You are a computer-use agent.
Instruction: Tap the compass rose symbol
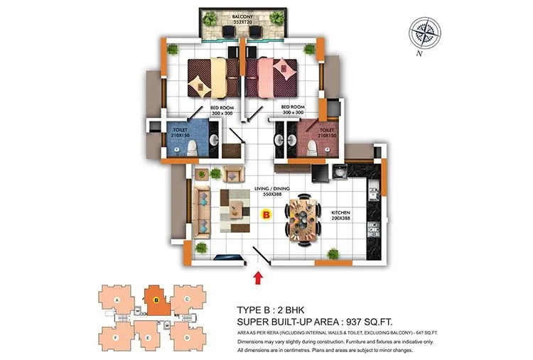point(426,33)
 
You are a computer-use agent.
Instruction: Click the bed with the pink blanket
point(274,77)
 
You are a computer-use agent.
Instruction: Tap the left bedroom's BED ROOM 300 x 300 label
point(203,111)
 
